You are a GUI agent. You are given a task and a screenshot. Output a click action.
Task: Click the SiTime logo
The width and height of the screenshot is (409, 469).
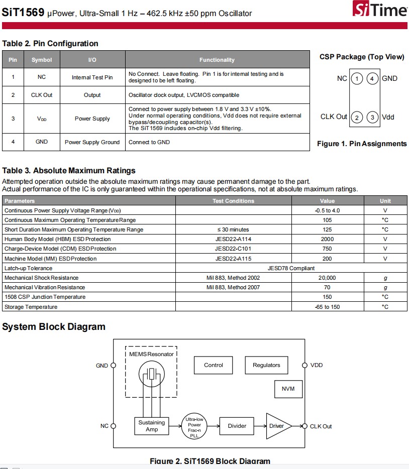coord(379,10)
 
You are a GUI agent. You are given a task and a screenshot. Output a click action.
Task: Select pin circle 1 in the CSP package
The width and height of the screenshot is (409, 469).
coord(356,78)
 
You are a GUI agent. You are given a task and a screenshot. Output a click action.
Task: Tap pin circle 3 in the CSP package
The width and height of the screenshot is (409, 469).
coord(372,117)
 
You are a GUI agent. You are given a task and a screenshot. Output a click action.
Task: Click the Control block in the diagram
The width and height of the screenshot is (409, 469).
coord(214,365)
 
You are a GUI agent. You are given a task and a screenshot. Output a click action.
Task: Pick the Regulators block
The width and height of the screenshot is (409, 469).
coord(266,365)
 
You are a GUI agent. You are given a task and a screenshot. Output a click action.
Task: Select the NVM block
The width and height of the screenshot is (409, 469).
coord(288,389)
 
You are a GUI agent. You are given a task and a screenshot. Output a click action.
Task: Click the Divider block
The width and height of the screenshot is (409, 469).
coord(237,426)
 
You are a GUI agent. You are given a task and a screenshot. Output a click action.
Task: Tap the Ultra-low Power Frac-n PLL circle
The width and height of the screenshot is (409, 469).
coord(194,427)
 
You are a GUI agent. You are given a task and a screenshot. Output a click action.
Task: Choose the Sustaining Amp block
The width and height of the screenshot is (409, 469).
coord(152,426)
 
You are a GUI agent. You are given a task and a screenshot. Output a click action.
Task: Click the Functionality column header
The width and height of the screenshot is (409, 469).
coord(217,60)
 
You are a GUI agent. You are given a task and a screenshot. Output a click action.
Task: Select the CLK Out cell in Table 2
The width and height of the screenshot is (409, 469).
coord(42,95)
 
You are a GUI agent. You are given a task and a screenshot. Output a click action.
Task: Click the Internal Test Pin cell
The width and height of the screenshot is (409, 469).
coord(92,77)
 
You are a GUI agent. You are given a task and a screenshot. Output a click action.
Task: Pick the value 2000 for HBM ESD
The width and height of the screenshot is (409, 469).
coord(327,240)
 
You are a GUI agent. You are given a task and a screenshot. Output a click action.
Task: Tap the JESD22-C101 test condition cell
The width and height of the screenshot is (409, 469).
coord(233,249)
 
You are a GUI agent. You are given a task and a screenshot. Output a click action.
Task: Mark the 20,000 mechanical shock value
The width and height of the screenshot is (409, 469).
coord(327,278)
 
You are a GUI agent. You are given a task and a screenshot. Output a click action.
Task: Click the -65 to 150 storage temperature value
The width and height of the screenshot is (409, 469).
coord(327,307)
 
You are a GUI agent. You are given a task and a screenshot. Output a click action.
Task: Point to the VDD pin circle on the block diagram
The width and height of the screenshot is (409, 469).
coord(304,365)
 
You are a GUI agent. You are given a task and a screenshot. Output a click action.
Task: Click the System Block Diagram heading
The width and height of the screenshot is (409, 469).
coord(54,327)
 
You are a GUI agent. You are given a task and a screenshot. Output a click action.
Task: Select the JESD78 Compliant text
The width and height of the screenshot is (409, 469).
coord(291,268)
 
